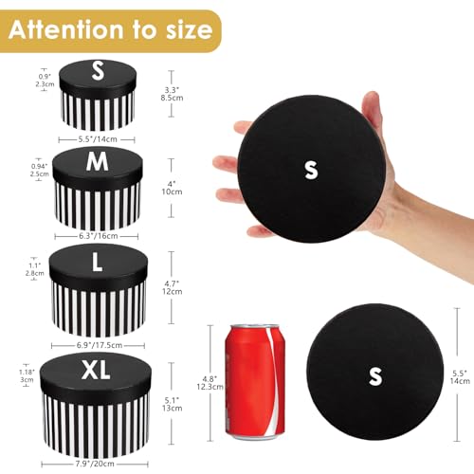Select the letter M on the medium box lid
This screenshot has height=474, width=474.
(97, 162)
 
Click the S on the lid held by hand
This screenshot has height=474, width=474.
(310, 170)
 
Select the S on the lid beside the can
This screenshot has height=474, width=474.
(375, 375)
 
